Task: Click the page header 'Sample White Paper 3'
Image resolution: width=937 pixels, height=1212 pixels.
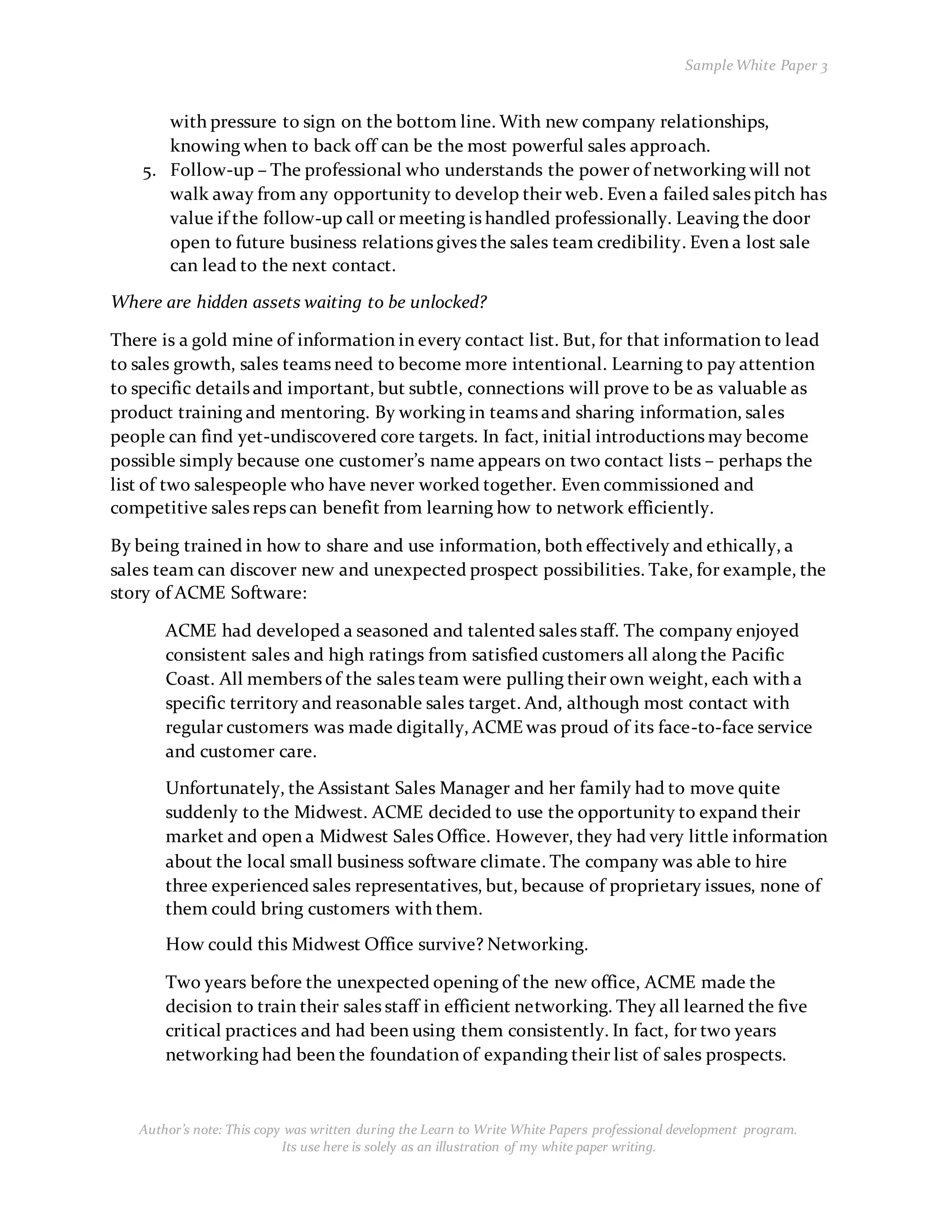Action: pyautogui.click(x=755, y=65)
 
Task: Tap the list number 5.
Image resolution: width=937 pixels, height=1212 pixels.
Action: pyautogui.click(x=148, y=172)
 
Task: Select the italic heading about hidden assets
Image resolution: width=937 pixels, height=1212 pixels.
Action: pyautogui.click(x=299, y=302)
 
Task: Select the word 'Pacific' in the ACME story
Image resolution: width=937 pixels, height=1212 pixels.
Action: pyautogui.click(x=757, y=655)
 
